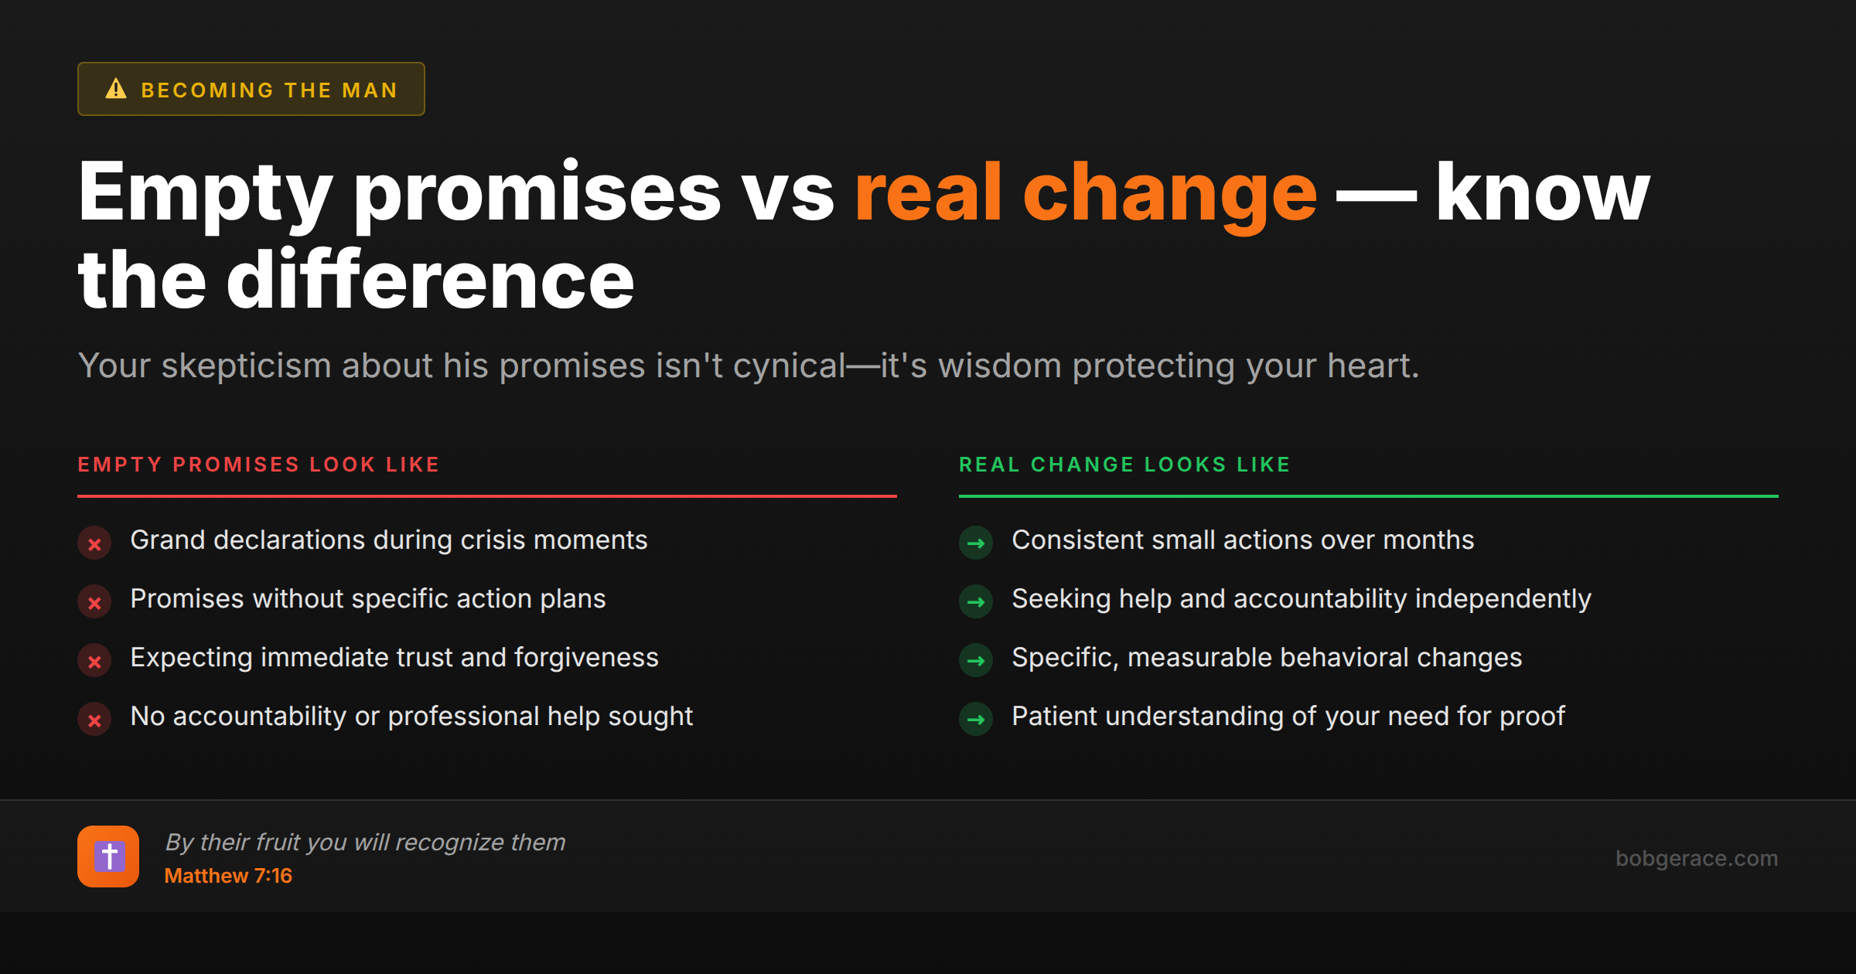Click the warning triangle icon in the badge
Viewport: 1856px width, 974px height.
coord(116,89)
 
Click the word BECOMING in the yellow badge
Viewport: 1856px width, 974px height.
coord(207,90)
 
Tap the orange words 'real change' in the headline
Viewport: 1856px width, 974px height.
coord(1085,193)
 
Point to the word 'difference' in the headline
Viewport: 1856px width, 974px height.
coord(430,280)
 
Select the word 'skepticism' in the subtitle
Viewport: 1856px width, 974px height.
coord(246,366)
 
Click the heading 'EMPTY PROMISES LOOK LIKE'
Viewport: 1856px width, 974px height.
coord(258,465)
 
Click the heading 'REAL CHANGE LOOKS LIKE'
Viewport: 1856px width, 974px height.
coord(1124,465)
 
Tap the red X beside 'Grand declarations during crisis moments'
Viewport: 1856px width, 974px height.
coord(94,543)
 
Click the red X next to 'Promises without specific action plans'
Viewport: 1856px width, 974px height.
coord(94,602)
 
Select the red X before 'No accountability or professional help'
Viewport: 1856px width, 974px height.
coord(94,720)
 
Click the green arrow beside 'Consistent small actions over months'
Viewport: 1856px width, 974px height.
coord(976,543)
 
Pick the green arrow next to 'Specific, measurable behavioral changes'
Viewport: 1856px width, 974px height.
coord(976,661)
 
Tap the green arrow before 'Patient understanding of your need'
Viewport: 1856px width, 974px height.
coord(976,720)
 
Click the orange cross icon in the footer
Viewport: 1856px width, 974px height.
coord(108,857)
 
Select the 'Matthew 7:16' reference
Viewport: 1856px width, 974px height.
coord(228,876)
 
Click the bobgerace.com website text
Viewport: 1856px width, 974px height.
coord(1696,858)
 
